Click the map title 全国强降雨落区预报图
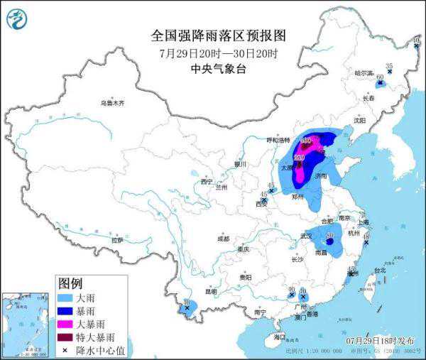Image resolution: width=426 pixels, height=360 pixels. [x=218, y=36]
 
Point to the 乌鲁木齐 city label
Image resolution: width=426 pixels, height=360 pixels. [x=112, y=103]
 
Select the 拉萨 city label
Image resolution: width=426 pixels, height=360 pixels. [x=116, y=241]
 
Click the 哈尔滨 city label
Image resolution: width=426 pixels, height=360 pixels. [x=364, y=72]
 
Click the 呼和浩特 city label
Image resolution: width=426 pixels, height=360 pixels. [x=279, y=140]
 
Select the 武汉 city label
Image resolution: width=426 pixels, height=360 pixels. [x=307, y=235]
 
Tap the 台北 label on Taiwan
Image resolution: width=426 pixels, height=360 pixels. [x=380, y=270]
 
